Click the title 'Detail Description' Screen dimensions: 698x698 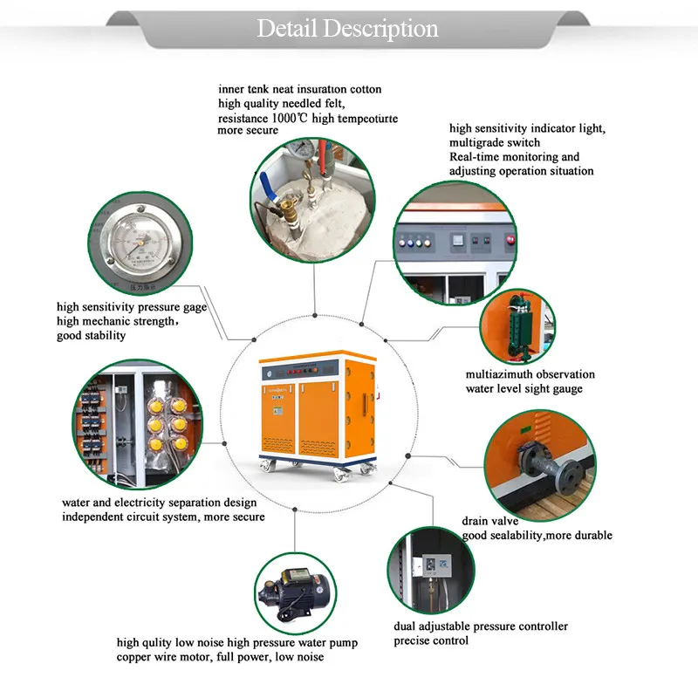pyautogui.click(x=347, y=28)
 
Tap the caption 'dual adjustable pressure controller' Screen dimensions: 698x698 pyautogui.click(x=480, y=626)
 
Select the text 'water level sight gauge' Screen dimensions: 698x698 pyautogui.click(x=523, y=388)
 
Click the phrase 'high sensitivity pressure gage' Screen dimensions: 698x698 pyautogui.click(x=132, y=307)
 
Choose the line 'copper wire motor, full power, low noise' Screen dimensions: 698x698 pyautogui.click(x=220, y=657)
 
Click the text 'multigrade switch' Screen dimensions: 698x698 pyautogui.click(x=495, y=142)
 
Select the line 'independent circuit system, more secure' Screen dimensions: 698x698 pyautogui.click(x=163, y=517)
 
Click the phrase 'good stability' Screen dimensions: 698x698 pyautogui.click(x=91, y=335)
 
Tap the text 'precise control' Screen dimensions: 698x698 pyautogui.click(x=431, y=640)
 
